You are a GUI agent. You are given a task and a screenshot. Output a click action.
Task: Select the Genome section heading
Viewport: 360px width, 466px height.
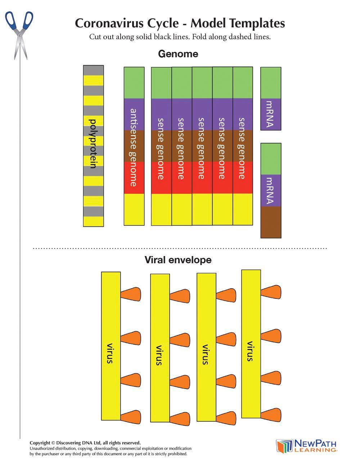178,54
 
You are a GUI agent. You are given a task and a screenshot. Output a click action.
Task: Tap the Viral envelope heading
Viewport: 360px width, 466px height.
178,260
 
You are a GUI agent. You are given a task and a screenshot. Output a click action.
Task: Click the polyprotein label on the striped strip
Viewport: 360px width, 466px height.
94,143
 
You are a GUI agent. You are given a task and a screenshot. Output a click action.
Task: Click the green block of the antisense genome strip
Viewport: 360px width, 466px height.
134,83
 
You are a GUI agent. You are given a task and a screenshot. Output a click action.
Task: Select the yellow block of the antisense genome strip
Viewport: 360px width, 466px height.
134,209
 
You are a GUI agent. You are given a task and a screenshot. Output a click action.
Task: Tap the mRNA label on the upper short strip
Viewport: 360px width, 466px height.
270,114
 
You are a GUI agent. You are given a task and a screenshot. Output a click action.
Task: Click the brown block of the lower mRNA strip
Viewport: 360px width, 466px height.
271,222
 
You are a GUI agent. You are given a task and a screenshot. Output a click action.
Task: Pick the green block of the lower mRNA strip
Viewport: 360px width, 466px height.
271,159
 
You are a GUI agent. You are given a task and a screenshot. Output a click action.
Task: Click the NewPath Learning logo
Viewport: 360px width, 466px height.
306,446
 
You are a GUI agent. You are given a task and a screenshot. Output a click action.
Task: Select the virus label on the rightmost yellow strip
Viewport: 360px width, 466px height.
250,351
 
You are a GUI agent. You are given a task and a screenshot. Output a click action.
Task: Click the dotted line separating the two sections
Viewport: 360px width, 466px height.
180,248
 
